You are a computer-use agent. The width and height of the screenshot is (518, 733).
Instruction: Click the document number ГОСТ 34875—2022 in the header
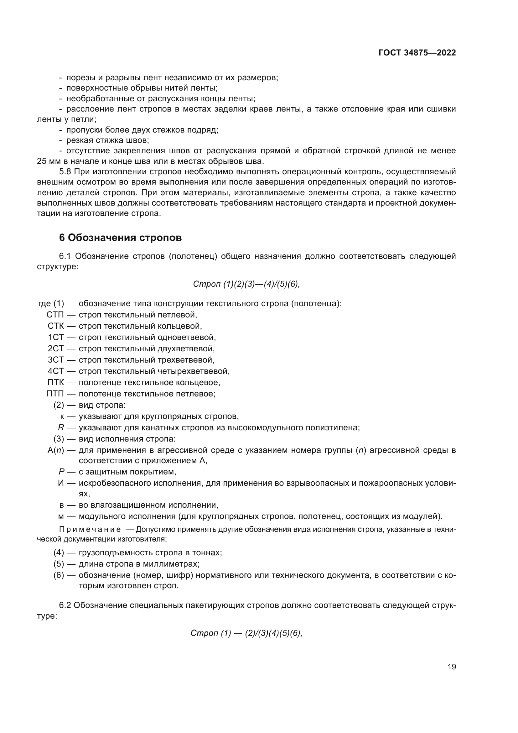417,53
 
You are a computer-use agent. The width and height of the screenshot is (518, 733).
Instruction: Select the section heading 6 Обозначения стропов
120,238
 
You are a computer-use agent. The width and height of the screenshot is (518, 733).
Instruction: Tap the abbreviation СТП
55,315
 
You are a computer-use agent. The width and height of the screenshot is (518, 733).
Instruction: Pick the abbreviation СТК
55,326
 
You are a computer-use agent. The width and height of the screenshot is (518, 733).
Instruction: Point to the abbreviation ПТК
55,382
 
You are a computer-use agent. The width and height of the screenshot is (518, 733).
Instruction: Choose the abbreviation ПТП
55,393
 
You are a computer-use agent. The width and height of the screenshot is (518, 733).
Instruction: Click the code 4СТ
56,371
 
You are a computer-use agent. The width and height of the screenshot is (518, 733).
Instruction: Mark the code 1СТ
56,337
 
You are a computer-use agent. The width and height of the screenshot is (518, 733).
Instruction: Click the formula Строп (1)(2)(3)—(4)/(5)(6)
246,284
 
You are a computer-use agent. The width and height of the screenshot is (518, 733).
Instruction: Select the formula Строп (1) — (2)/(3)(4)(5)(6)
246,633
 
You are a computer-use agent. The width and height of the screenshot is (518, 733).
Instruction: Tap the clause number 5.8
65,172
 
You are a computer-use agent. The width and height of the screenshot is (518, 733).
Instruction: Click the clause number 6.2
65,605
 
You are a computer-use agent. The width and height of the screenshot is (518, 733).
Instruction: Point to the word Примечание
90,529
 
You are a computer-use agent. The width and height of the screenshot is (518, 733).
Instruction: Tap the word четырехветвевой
193,371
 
